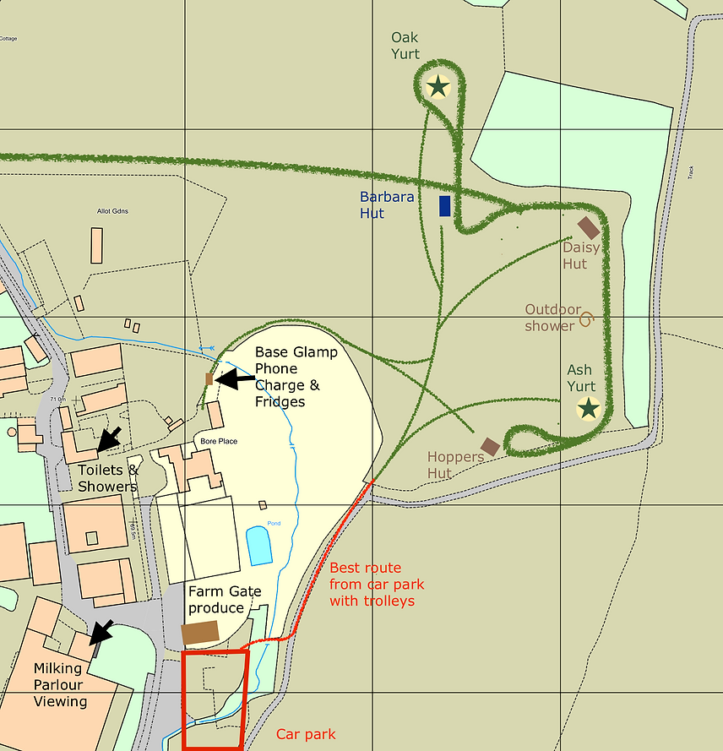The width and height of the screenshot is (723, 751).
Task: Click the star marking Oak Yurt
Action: click(438, 85)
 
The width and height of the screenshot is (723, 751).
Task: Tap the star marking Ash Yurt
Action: click(588, 409)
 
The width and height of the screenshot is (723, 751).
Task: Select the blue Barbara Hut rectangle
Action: click(445, 206)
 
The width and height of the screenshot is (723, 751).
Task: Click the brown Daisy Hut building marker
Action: click(589, 228)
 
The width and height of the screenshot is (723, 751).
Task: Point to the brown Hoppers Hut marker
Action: click(490, 446)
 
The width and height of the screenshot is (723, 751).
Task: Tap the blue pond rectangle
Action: click(259, 546)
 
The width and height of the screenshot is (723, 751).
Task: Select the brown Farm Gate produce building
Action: click(200, 633)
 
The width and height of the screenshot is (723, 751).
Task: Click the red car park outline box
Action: click(215, 699)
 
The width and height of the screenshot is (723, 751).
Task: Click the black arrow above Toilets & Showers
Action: click(110, 438)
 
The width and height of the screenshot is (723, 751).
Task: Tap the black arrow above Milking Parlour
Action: click(102, 631)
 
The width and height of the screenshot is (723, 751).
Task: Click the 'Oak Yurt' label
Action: click(405, 46)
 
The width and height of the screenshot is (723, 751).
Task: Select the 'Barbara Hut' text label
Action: click(387, 205)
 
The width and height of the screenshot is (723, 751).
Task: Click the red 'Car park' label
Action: click(306, 734)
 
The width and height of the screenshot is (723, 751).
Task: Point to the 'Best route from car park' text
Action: click(377, 584)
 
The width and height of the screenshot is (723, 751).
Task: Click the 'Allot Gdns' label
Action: click(111, 210)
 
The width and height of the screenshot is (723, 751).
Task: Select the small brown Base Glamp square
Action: click(209, 379)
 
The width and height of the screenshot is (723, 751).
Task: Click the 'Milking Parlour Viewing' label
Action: click(60, 684)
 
